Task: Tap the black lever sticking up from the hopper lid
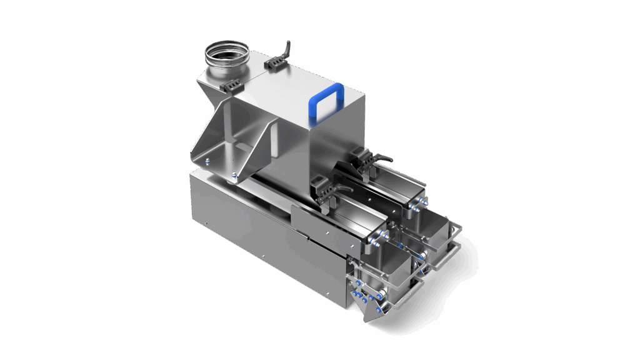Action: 286,47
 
